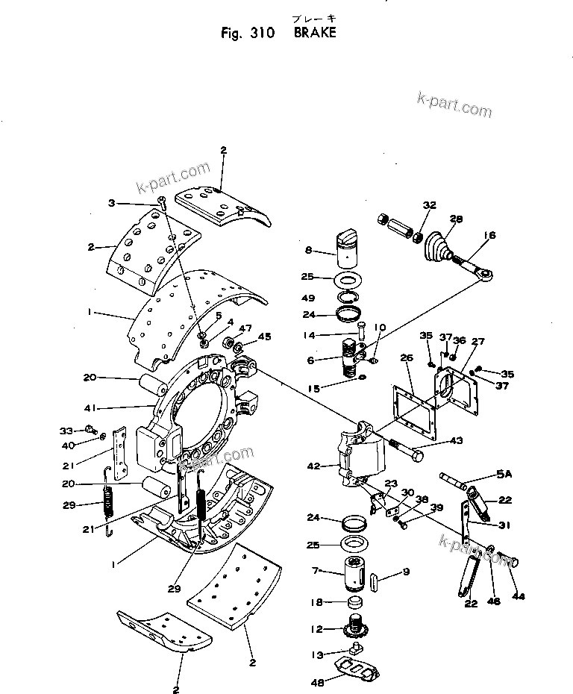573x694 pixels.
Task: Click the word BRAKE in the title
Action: (315, 33)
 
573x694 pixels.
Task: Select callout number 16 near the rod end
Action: (489, 235)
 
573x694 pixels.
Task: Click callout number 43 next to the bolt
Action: (455, 442)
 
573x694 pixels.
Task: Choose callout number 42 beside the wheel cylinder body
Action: (313, 466)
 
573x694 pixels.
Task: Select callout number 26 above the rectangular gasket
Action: (406, 358)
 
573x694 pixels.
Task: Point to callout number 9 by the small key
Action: (407, 572)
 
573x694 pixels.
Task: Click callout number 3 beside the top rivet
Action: (112, 203)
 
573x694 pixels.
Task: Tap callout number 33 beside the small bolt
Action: (65, 431)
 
